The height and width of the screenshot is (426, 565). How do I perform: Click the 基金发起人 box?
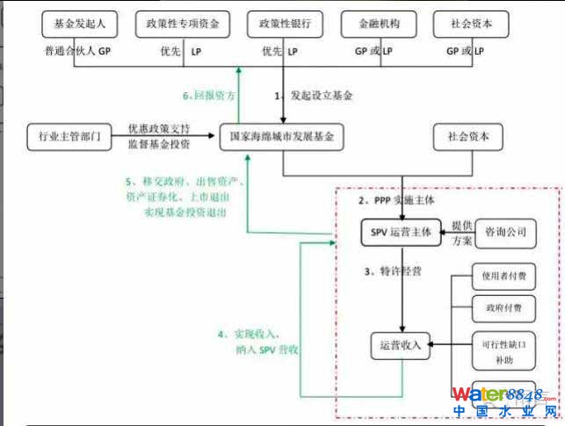click(x=75, y=24)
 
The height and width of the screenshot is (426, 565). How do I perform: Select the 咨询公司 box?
click(x=505, y=232)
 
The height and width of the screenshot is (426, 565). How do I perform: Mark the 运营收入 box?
click(x=401, y=345)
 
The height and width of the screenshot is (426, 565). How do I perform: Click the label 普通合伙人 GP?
click(x=78, y=52)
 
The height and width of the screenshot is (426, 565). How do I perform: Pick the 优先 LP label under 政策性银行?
click(x=279, y=52)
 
